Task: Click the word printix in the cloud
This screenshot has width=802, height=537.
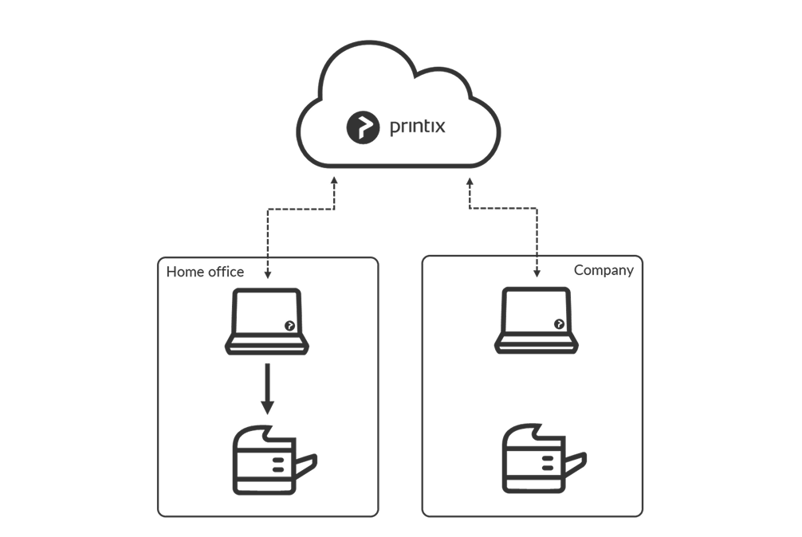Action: (x=418, y=126)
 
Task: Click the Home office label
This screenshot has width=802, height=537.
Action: (x=205, y=272)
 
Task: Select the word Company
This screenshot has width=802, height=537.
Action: (x=603, y=270)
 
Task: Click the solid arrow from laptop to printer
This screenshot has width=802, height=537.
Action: (x=267, y=390)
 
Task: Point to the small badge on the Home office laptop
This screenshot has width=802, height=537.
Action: (x=289, y=325)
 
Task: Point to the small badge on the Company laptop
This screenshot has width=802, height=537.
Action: (x=559, y=323)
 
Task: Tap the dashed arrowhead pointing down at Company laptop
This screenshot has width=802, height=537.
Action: (x=536, y=275)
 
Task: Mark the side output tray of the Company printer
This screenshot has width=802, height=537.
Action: (x=577, y=463)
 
